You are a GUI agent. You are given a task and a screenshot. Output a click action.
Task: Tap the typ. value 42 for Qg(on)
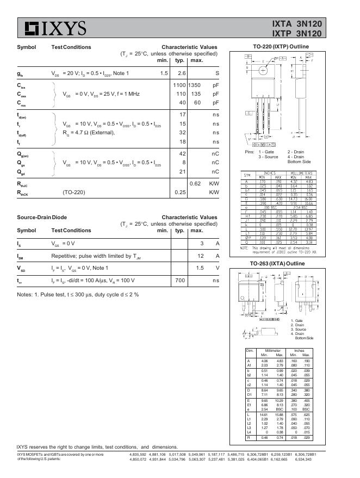tap(182, 153)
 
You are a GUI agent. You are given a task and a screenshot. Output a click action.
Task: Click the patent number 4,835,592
tap(140, 454)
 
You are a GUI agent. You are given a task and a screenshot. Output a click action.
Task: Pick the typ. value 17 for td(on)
tap(182, 114)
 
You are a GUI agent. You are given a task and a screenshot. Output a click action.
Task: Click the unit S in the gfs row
tap(217, 73)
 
